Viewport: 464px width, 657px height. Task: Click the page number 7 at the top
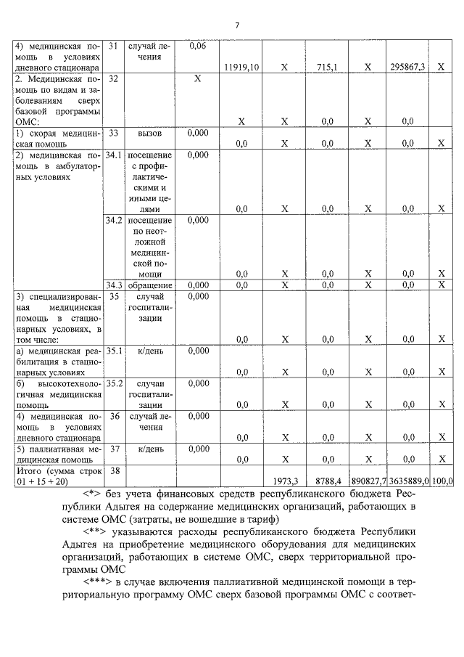pyautogui.click(x=236, y=26)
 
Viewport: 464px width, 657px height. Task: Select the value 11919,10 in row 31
pyautogui.click(x=242, y=67)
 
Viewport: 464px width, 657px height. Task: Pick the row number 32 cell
pyautogui.click(x=112, y=78)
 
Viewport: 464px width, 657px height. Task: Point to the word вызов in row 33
pyautogui.click(x=149, y=134)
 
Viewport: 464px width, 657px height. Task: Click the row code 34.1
pyautogui.click(x=114, y=155)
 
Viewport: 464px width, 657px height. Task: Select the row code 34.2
pyautogui.click(x=114, y=220)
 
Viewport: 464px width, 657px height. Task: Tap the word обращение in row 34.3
pyautogui.click(x=150, y=285)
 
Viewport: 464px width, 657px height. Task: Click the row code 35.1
pyautogui.click(x=114, y=351)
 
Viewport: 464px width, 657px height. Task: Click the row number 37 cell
pyautogui.click(x=113, y=449)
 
